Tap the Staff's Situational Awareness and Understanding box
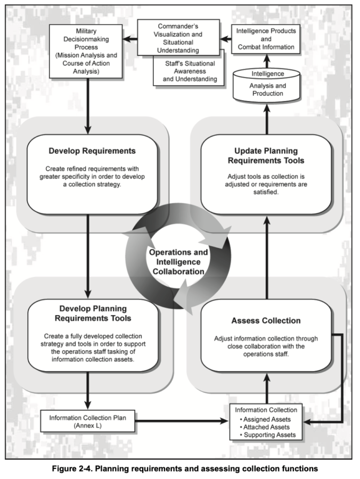click(186, 72)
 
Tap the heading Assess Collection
click(266, 320)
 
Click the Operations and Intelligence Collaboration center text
click(178, 261)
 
